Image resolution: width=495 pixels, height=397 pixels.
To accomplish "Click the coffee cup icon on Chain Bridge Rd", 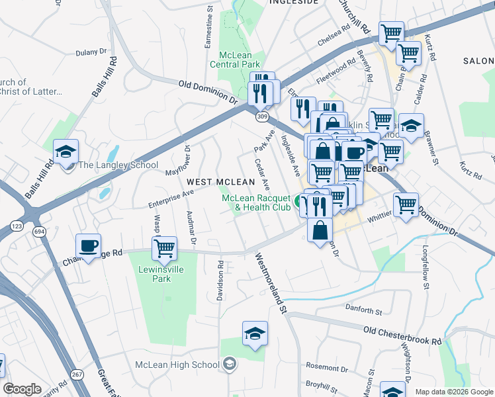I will click(88, 246).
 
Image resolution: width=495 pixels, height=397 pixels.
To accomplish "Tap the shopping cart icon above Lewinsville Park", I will click(164, 249).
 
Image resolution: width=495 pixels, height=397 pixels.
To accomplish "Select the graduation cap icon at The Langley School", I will click(66, 152).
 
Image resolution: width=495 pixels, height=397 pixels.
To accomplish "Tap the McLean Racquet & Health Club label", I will click(256, 203).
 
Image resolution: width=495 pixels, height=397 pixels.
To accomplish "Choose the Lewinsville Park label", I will click(155, 275).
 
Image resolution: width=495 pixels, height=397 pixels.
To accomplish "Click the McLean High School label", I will click(177, 365).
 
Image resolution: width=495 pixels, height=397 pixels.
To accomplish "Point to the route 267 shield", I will click(77, 375).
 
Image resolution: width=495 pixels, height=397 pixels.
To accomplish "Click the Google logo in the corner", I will click(22, 389).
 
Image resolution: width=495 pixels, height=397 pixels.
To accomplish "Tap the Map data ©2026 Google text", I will click(453, 392).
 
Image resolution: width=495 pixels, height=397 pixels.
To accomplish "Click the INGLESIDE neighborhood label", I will click(293, 3).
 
